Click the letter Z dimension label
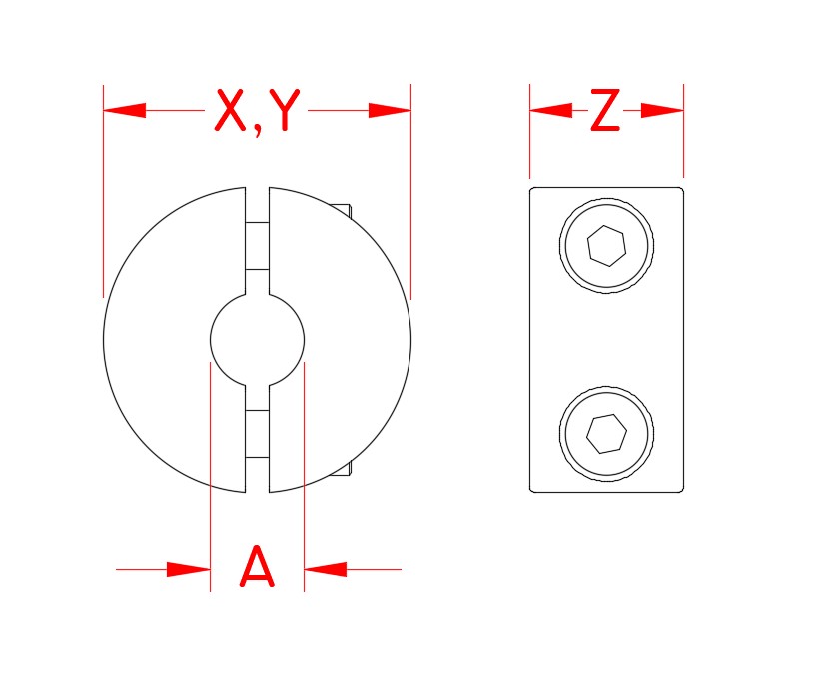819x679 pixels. coord(605,111)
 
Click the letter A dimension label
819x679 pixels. coord(257,569)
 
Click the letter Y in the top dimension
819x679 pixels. coord(285,111)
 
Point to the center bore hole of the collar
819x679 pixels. coord(257,339)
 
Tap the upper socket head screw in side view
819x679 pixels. coord(607,245)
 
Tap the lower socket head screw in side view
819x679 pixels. coord(607,433)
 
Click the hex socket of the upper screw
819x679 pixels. coord(607,245)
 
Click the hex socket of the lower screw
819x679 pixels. coord(607,433)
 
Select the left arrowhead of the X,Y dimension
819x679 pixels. coord(124,110)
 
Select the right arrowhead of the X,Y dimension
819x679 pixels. coord(391,110)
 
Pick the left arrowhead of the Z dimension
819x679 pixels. coord(549,110)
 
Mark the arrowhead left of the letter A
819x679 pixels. coord(188,569)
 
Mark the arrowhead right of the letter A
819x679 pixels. coord(326,569)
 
